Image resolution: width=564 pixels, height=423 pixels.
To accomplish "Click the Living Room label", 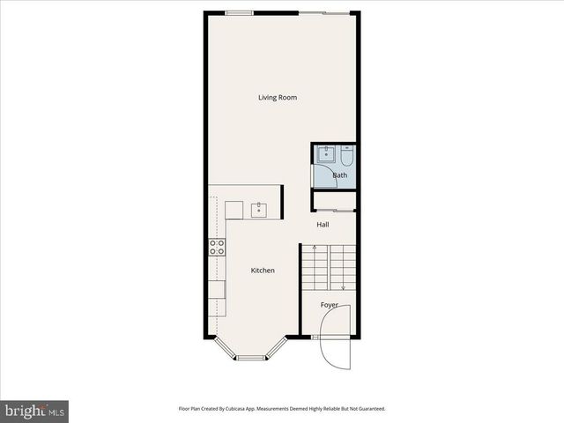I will point(277,97).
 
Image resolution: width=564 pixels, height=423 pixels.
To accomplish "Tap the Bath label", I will point(339,175).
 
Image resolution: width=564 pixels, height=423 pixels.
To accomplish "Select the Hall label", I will point(323,225).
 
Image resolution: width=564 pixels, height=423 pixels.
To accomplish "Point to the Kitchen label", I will point(263,271).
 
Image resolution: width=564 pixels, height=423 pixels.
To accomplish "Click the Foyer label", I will point(329,305).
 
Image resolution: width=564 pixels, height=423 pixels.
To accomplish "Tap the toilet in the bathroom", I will point(346,156).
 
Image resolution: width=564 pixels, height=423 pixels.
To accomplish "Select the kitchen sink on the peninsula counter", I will point(258,210).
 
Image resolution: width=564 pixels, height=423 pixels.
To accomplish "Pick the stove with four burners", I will point(217,247).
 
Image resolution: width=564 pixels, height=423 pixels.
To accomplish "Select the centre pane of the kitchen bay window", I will point(251,357).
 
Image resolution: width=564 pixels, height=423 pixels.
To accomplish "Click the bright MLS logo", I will point(34,411).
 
